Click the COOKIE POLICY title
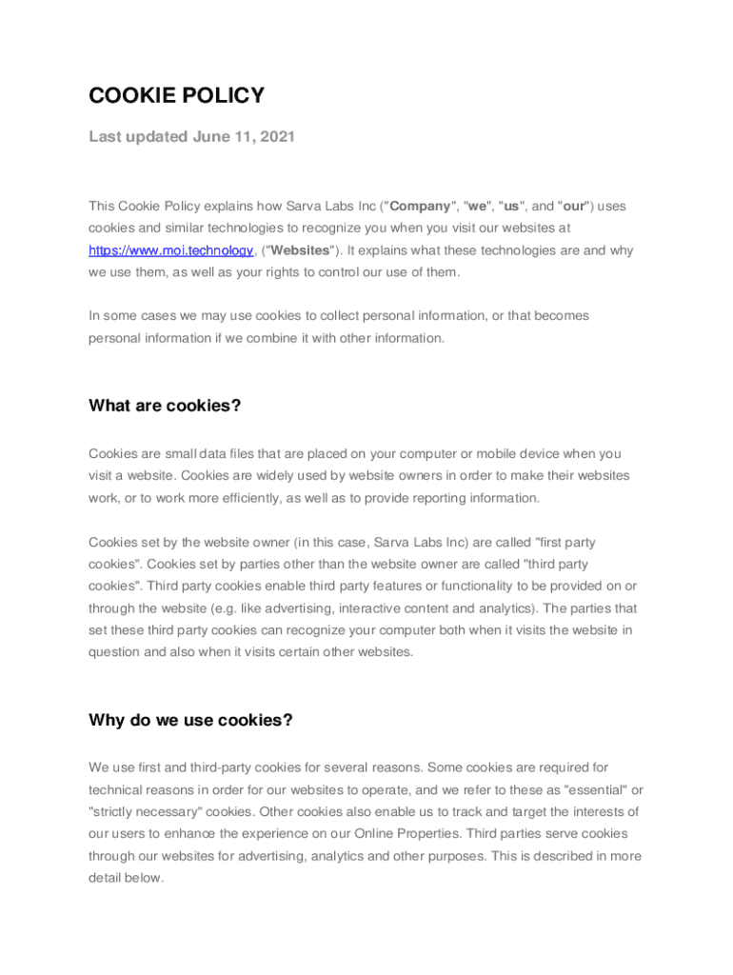[176, 95]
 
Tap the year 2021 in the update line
[276, 136]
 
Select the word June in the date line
[211, 136]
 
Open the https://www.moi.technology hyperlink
[170, 250]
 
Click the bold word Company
[420, 206]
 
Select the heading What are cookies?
[165, 406]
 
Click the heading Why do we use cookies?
[190, 720]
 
